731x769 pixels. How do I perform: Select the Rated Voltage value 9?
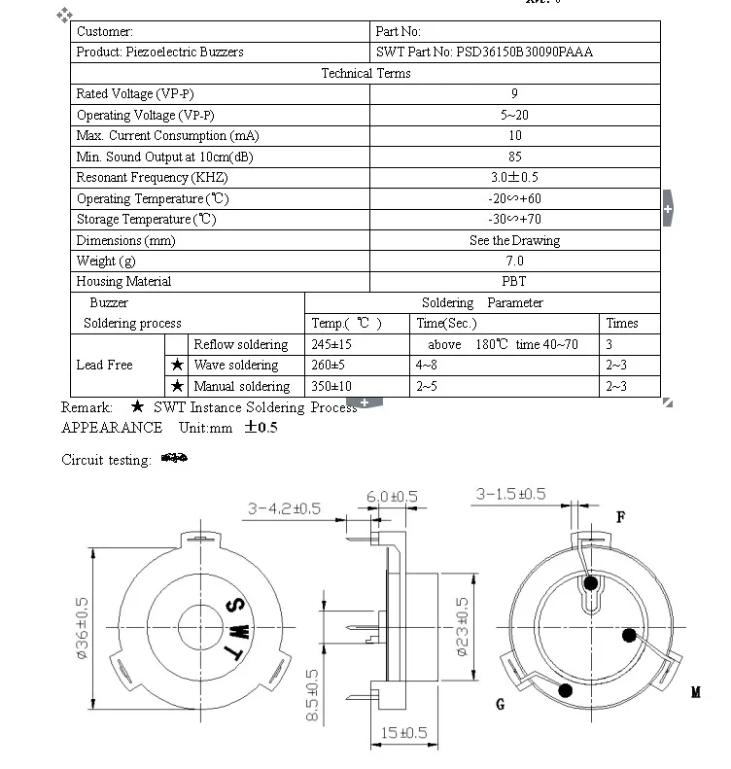pos(514,94)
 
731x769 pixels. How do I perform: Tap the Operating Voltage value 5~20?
pos(514,116)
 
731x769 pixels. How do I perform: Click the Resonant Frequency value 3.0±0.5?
pos(514,178)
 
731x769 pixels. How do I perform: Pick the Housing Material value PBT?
pos(514,282)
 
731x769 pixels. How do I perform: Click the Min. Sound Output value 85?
pos(514,157)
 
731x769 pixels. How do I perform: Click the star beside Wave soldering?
pos(177,366)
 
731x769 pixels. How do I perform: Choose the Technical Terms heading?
pos(365,74)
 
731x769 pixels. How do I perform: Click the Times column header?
pos(622,324)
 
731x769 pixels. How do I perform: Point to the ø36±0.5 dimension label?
pos(82,629)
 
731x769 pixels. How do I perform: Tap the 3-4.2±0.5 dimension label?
pos(284,508)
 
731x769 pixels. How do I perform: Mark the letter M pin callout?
pos(696,693)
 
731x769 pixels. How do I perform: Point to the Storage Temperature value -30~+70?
pos(514,220)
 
